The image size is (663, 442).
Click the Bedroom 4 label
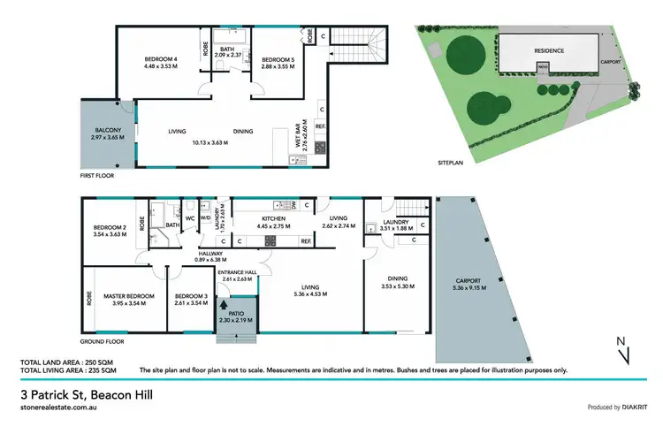161,59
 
